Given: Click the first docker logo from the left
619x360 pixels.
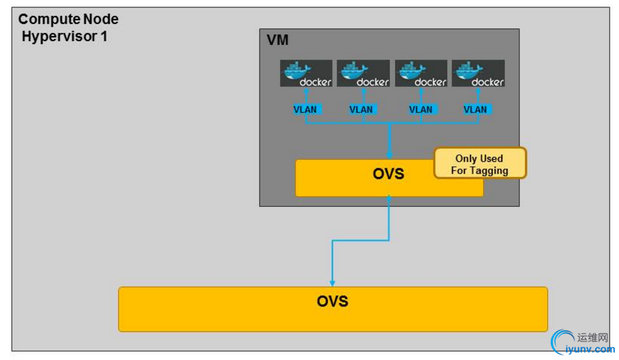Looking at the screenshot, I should coord(306,74).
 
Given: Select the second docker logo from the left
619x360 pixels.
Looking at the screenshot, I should coord(363,74).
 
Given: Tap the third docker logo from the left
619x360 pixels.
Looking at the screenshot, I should coord(421,74).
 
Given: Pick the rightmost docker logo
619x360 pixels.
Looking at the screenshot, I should coord(478,74).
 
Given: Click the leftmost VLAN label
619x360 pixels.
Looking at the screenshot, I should coord(305,109).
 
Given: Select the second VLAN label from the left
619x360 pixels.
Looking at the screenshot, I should coord(362,109).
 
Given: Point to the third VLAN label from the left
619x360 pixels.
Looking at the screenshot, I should coord(421,109).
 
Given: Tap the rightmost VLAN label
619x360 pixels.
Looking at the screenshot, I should coord(475,109).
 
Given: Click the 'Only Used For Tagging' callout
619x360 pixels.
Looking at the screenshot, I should coord(480,163).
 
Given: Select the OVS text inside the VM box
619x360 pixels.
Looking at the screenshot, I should coord(388,174).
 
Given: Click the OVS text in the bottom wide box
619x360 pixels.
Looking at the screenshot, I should coord(332,302).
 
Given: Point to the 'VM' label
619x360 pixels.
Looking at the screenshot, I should coord(277,40).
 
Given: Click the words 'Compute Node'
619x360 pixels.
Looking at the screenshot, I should coord(68,20).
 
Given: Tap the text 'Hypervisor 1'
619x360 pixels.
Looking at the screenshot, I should coord(64,36).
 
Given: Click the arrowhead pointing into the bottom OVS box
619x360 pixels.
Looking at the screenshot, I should coord(332,283).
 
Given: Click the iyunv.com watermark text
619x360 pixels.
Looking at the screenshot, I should coord(587,349).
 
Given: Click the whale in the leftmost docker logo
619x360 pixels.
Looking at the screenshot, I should coord(296,70).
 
